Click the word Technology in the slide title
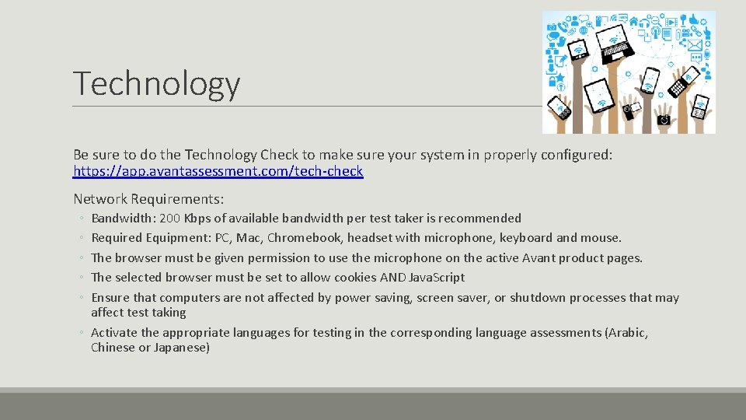pos(156,84)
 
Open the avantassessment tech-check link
pos(218,171)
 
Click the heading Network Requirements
pos(148,199)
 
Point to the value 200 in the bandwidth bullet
pos(169,219)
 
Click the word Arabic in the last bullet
pos(627,333)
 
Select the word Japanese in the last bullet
pos(181,348)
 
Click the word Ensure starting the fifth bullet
pos(110,298)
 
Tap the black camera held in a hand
pos(663,120)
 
